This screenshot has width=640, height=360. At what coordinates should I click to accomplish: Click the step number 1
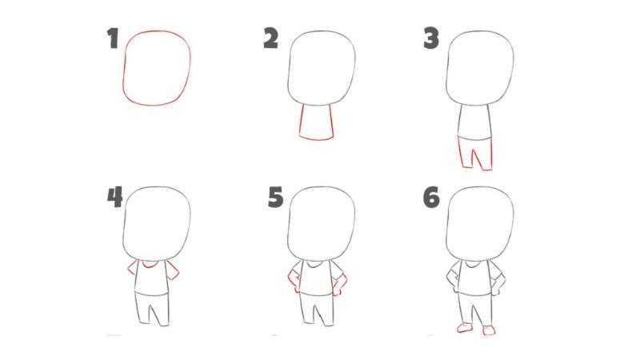[114, 39]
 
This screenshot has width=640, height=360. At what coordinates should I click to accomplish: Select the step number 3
[432, 38]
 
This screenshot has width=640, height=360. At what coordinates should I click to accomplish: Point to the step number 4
[114, 197]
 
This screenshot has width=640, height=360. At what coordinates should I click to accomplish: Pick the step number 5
[275, 197]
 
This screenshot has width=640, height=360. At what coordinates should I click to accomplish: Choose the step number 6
[432, 197]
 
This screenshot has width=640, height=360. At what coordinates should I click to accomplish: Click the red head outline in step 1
[157, 67]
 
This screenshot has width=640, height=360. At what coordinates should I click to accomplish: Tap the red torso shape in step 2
[316, 122]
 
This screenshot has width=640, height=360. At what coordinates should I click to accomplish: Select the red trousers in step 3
[475, 152]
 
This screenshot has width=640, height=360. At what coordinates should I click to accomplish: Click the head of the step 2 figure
[322, 67]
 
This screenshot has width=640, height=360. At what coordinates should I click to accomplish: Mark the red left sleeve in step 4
[132, 270]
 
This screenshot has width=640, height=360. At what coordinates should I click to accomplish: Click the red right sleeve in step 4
[173, 270]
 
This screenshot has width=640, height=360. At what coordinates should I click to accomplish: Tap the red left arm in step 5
[292, 280]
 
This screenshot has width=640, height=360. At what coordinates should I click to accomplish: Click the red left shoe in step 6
[462, 328]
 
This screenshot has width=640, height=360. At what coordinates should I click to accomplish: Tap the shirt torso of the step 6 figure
[475, 280]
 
